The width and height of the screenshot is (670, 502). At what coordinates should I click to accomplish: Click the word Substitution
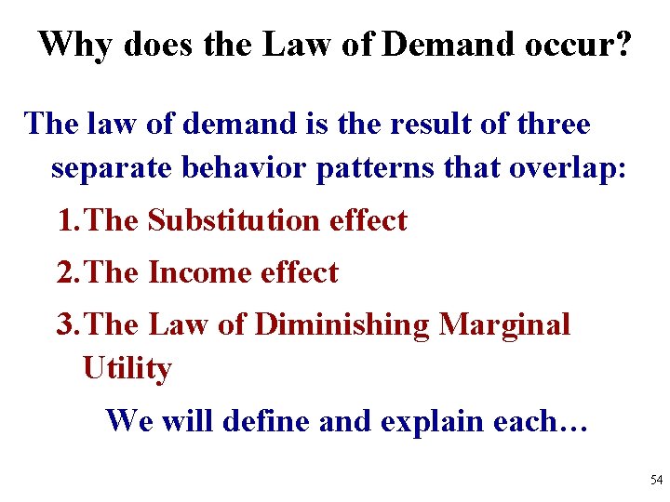pyautogui.click(x=233, y=221)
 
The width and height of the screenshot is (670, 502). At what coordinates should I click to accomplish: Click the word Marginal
pyautogui.click(x=504, y=324)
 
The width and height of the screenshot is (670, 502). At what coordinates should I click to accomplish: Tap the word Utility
pyautogui.click(x=127, y=369)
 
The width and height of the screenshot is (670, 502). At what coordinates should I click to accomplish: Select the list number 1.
pyautogui.click(x=67, y=221)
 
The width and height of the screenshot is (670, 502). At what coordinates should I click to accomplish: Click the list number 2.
pyautogui.click(x=67, y=273)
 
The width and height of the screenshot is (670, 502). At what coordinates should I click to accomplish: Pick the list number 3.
pyautogui.click(x=67, y=324)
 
